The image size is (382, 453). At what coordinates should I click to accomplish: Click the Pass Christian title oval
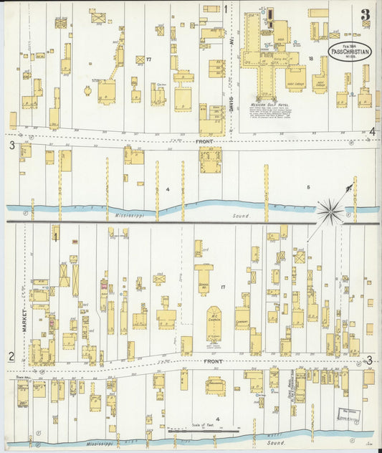coord(350,50)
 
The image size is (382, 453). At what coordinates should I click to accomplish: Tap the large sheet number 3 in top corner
coord(366,14)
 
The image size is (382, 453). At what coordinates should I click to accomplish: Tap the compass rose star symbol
coord(330,210)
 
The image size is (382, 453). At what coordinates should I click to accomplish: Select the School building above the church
coord(204,280)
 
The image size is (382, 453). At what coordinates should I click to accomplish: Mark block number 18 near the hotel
coord(311,59)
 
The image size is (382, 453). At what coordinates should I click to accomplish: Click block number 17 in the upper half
coord(148,59)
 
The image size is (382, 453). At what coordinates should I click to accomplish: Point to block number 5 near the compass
coord(309,189)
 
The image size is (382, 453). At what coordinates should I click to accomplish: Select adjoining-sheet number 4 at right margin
coord(372,131)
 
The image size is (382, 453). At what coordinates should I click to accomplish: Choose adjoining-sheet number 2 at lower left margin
coord(11,356)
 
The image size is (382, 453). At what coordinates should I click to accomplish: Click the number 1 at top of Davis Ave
coord(226,9)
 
